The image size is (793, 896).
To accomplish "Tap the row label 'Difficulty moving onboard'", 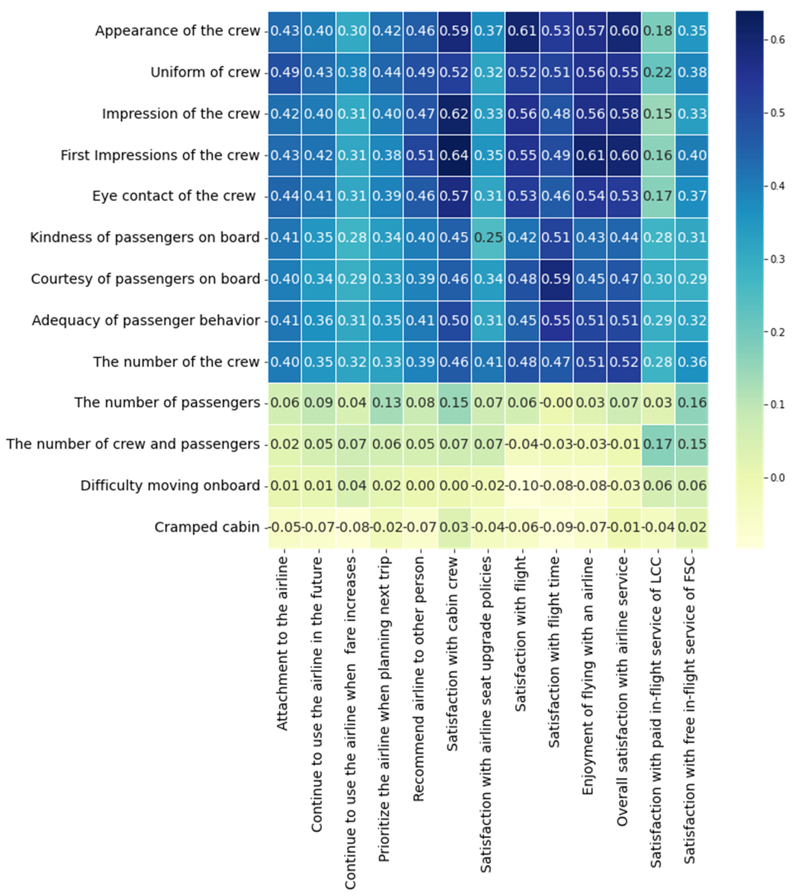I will coord(170,486).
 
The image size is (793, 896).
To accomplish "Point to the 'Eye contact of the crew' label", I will coord(174,196).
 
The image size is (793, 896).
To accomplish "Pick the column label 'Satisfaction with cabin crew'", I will coord(452,654).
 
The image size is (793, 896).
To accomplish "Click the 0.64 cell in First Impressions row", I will coord(454,155).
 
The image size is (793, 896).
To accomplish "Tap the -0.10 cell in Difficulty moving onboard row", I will coord(522,486).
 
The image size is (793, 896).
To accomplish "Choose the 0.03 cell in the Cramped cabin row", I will coord(454,527).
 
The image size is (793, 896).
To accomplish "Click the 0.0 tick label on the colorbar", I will coord(778,477).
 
